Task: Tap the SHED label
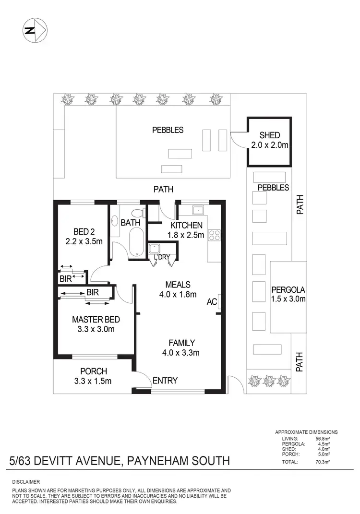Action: pyautogui.click(x=269, y=135)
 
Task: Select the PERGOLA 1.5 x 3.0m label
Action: pyautogui.click(x=288, y=294)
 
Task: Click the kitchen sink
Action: pyautogui.click(x=198, y=210)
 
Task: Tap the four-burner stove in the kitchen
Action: pyautogui.click(x=214, y=235)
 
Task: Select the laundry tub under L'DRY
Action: pyautogui.click(x=155, y=249)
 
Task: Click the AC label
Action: pyautogui.click(x=212, y=302)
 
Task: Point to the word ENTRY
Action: pyautogui.click(x=165, y=381)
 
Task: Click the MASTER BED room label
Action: pyautogui.click(x=96, y=320)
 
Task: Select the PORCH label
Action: pyautogui.click(x=93, y=371)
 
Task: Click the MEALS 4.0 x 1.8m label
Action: pyautogui.click(x=179, y=289)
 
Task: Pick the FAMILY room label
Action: pyautogui.click(x=181, y=343)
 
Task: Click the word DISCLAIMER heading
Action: pyautogui.click(x=26, y=481)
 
